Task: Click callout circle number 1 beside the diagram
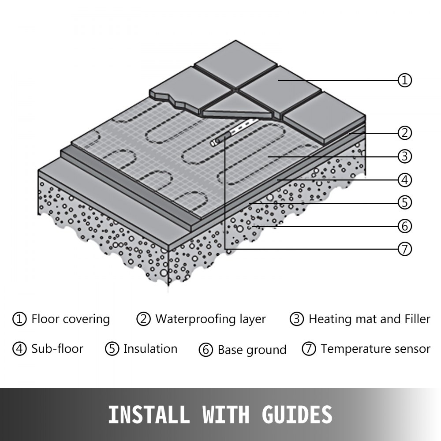point(405,80)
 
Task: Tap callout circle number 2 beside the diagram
point(405,132)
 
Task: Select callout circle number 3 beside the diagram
point(405,156)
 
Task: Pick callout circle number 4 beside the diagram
point(405,180)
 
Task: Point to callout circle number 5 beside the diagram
point(405,203)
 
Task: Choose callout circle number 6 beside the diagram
point(405,226)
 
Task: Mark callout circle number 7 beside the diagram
point(405,249)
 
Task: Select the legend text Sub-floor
point(57,349)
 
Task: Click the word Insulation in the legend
point(150,349)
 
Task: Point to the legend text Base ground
point(252,350)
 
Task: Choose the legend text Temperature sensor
point(375,349)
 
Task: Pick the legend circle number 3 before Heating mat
point(297,319)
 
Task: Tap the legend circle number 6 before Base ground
point(206,350)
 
